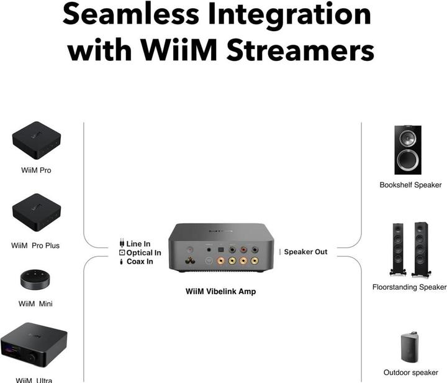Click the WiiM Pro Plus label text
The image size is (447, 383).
click(x=36, y=246)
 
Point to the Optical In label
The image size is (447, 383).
click(x=143, y=253)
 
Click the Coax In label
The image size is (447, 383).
click(x=140, y=262)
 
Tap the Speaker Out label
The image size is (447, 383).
click(x=305, y=252)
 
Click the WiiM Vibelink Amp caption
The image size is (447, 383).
click(x=221, y=291)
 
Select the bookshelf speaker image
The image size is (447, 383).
click(x=408, y=150)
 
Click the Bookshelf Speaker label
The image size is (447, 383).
click(x=410, y=185)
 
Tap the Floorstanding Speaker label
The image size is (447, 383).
click(x=409, y=287)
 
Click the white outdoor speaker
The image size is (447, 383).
click(x=410, y=343)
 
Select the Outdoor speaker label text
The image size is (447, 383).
click(x=410, y=372)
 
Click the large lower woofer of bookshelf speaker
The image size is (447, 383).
click(x=408, y=160)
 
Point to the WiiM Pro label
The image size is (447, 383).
click(x=36, y=170)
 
